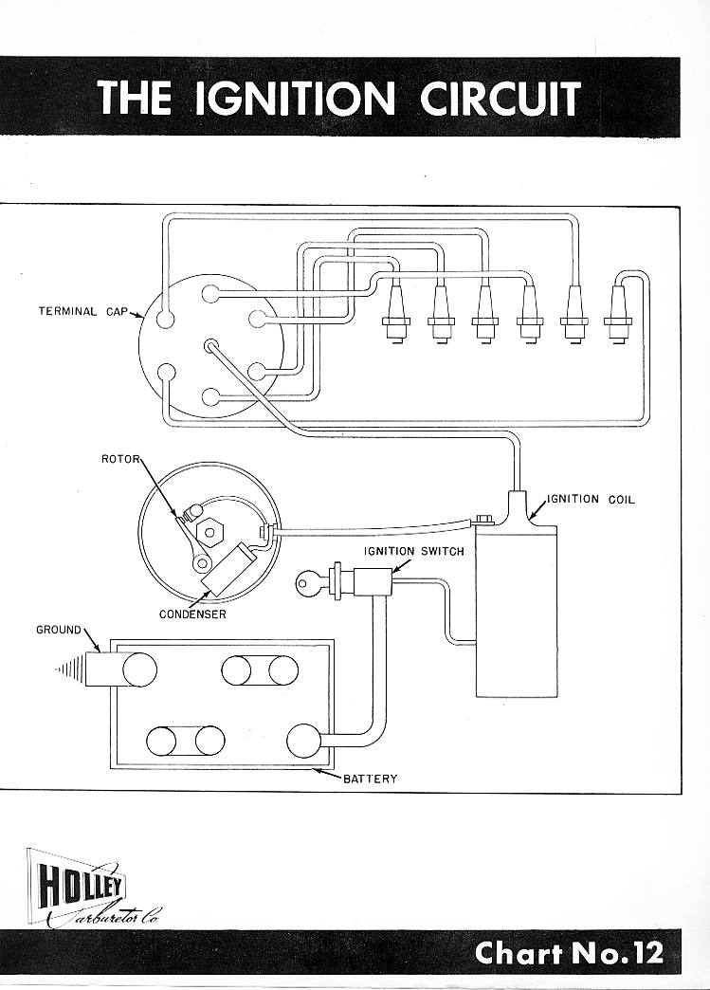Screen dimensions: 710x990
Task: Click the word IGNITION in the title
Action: pos(295,98)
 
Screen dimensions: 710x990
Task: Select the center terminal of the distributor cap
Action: pos(210,345)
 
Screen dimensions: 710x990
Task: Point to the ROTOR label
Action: pos(119,459)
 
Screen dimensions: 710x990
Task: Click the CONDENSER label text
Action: pos(192,614)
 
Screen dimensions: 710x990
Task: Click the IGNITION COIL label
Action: pos(591,500)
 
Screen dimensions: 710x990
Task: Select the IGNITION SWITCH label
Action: pos(414,551)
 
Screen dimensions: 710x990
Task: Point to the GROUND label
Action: pos(59,630)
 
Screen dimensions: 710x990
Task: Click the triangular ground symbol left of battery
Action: pos(69,669)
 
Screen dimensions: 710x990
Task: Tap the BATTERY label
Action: pos(371,779)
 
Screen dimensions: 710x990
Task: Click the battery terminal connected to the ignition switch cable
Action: pos(303,741)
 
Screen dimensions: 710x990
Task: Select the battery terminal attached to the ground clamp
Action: pos(140,669)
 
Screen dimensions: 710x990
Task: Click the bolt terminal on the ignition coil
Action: pos(484,520)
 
